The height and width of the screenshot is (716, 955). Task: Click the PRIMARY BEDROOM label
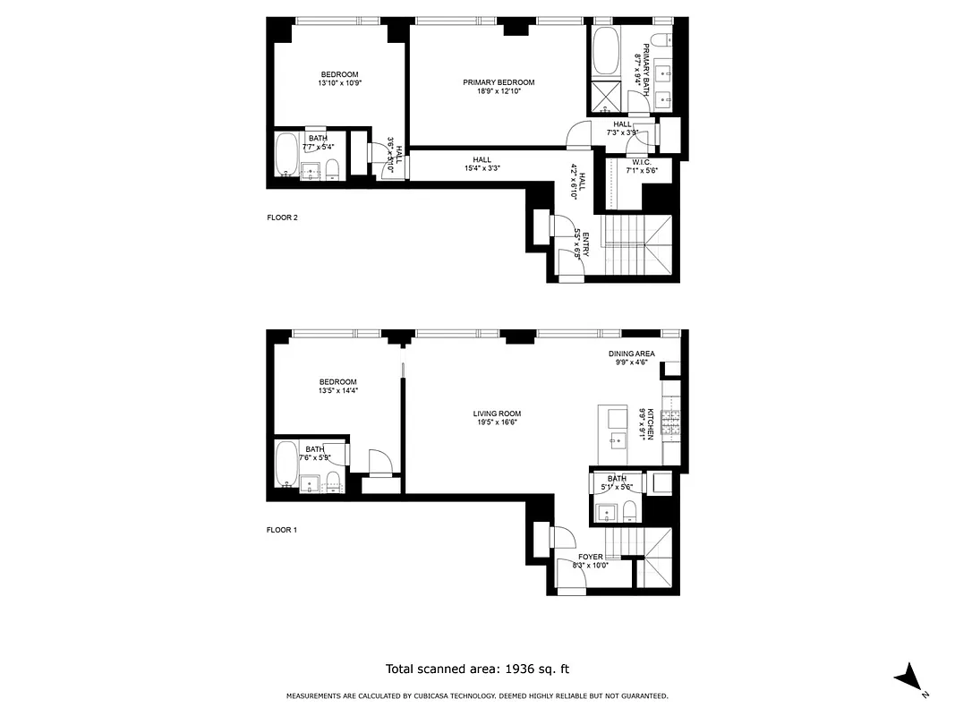[x=491, y=82]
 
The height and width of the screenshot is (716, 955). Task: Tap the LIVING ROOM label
[x=497, y=413]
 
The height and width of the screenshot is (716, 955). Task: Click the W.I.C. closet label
[x=636, y=162]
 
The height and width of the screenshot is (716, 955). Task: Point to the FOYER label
[x=590, y=557]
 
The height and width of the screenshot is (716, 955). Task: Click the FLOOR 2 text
[x=282, y=217]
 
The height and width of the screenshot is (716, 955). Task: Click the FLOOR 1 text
[x=282, y=530]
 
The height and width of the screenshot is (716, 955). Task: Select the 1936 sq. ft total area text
[x=477, y=669]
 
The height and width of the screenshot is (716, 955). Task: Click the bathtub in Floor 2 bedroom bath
[x=287, y=156]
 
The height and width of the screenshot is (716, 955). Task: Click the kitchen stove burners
[x=671, y=416]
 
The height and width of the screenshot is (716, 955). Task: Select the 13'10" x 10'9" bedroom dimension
[x=339, y=82]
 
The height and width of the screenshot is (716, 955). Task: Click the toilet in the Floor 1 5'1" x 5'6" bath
[x=629, y=512]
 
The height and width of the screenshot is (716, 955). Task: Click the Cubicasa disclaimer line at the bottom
[x=477, y=695]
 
